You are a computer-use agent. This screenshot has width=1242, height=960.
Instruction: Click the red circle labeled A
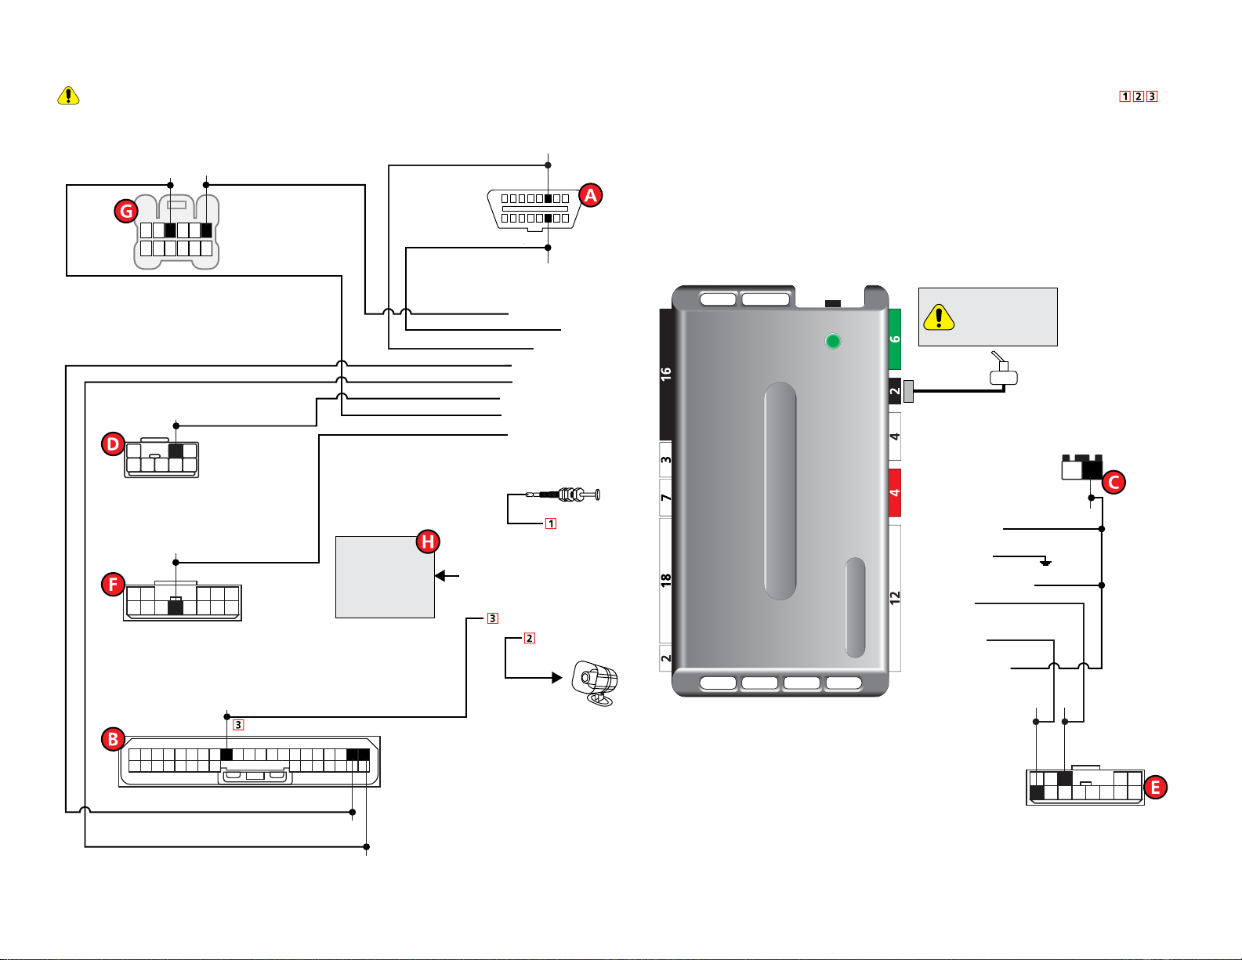click(590, 195)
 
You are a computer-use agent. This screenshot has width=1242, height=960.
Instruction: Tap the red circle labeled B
click(114, 739)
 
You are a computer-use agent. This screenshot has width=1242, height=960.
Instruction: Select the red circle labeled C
click(1113, 482)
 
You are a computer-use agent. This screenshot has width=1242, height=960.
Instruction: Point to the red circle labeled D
click(114, 444)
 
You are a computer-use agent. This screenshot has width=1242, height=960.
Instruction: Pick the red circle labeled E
click(1155, 787)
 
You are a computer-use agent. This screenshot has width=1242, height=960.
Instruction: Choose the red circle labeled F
click(114, 584)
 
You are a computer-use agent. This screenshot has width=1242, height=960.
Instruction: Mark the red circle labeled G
click(125, 210)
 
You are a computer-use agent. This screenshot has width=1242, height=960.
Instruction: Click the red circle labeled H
click(427, 542)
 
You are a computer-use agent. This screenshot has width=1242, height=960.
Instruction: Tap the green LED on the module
click(833, 341)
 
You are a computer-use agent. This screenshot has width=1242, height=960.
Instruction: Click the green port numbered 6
click(895, 339)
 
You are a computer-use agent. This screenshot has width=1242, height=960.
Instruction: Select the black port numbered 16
click(666, 374)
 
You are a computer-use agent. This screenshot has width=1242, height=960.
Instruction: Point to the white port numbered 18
click(666, 580)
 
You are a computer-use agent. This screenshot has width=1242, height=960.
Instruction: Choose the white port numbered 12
click(895, 597)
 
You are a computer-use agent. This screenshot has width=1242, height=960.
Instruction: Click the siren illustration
click(596, 683)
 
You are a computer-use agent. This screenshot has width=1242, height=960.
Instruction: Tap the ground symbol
click(1045, 562)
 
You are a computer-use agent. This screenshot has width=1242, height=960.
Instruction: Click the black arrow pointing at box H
click(447, 576)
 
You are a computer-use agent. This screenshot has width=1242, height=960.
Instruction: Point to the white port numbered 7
click(666, 498)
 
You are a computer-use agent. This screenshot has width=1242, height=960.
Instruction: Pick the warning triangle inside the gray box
click(939, 317)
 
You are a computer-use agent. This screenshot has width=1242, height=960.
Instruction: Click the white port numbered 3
click(666, 460)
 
